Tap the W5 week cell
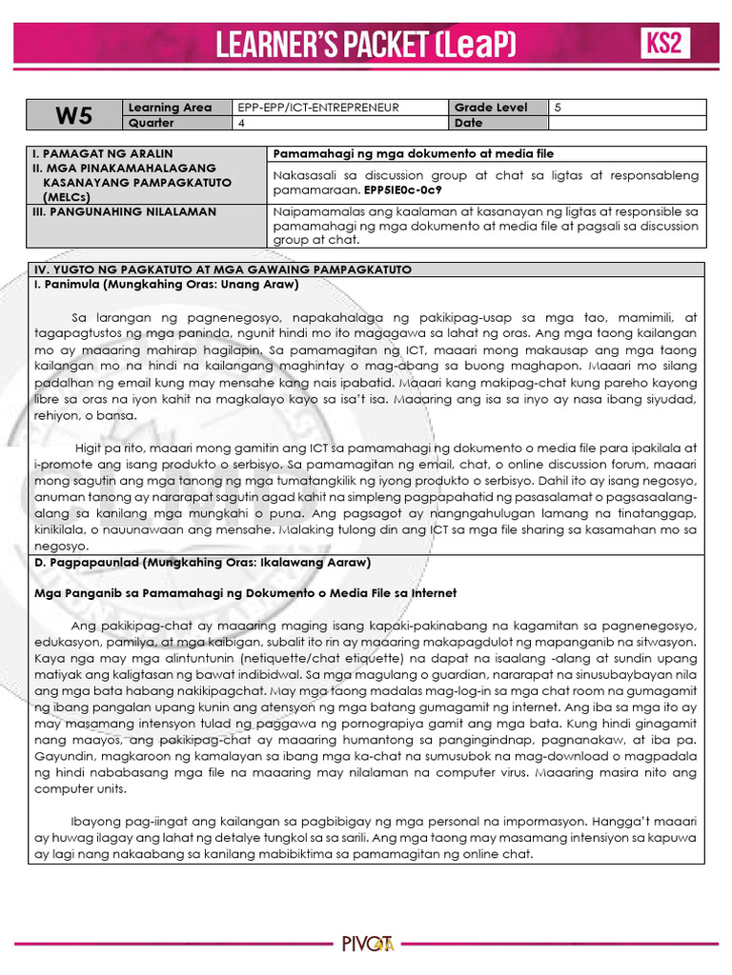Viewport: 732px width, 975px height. tap(72, 115)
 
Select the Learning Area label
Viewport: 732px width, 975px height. tap(170, 108)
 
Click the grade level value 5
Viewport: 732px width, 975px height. tap(559, 108)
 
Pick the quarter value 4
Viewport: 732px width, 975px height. tap(242, 123)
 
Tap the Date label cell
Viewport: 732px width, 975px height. tap(469, 123)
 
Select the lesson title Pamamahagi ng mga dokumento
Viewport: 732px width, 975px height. tap(414, 153)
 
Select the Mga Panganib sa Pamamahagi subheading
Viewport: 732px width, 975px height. tap(246, 592)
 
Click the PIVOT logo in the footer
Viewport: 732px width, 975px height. tap(367, 945)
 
